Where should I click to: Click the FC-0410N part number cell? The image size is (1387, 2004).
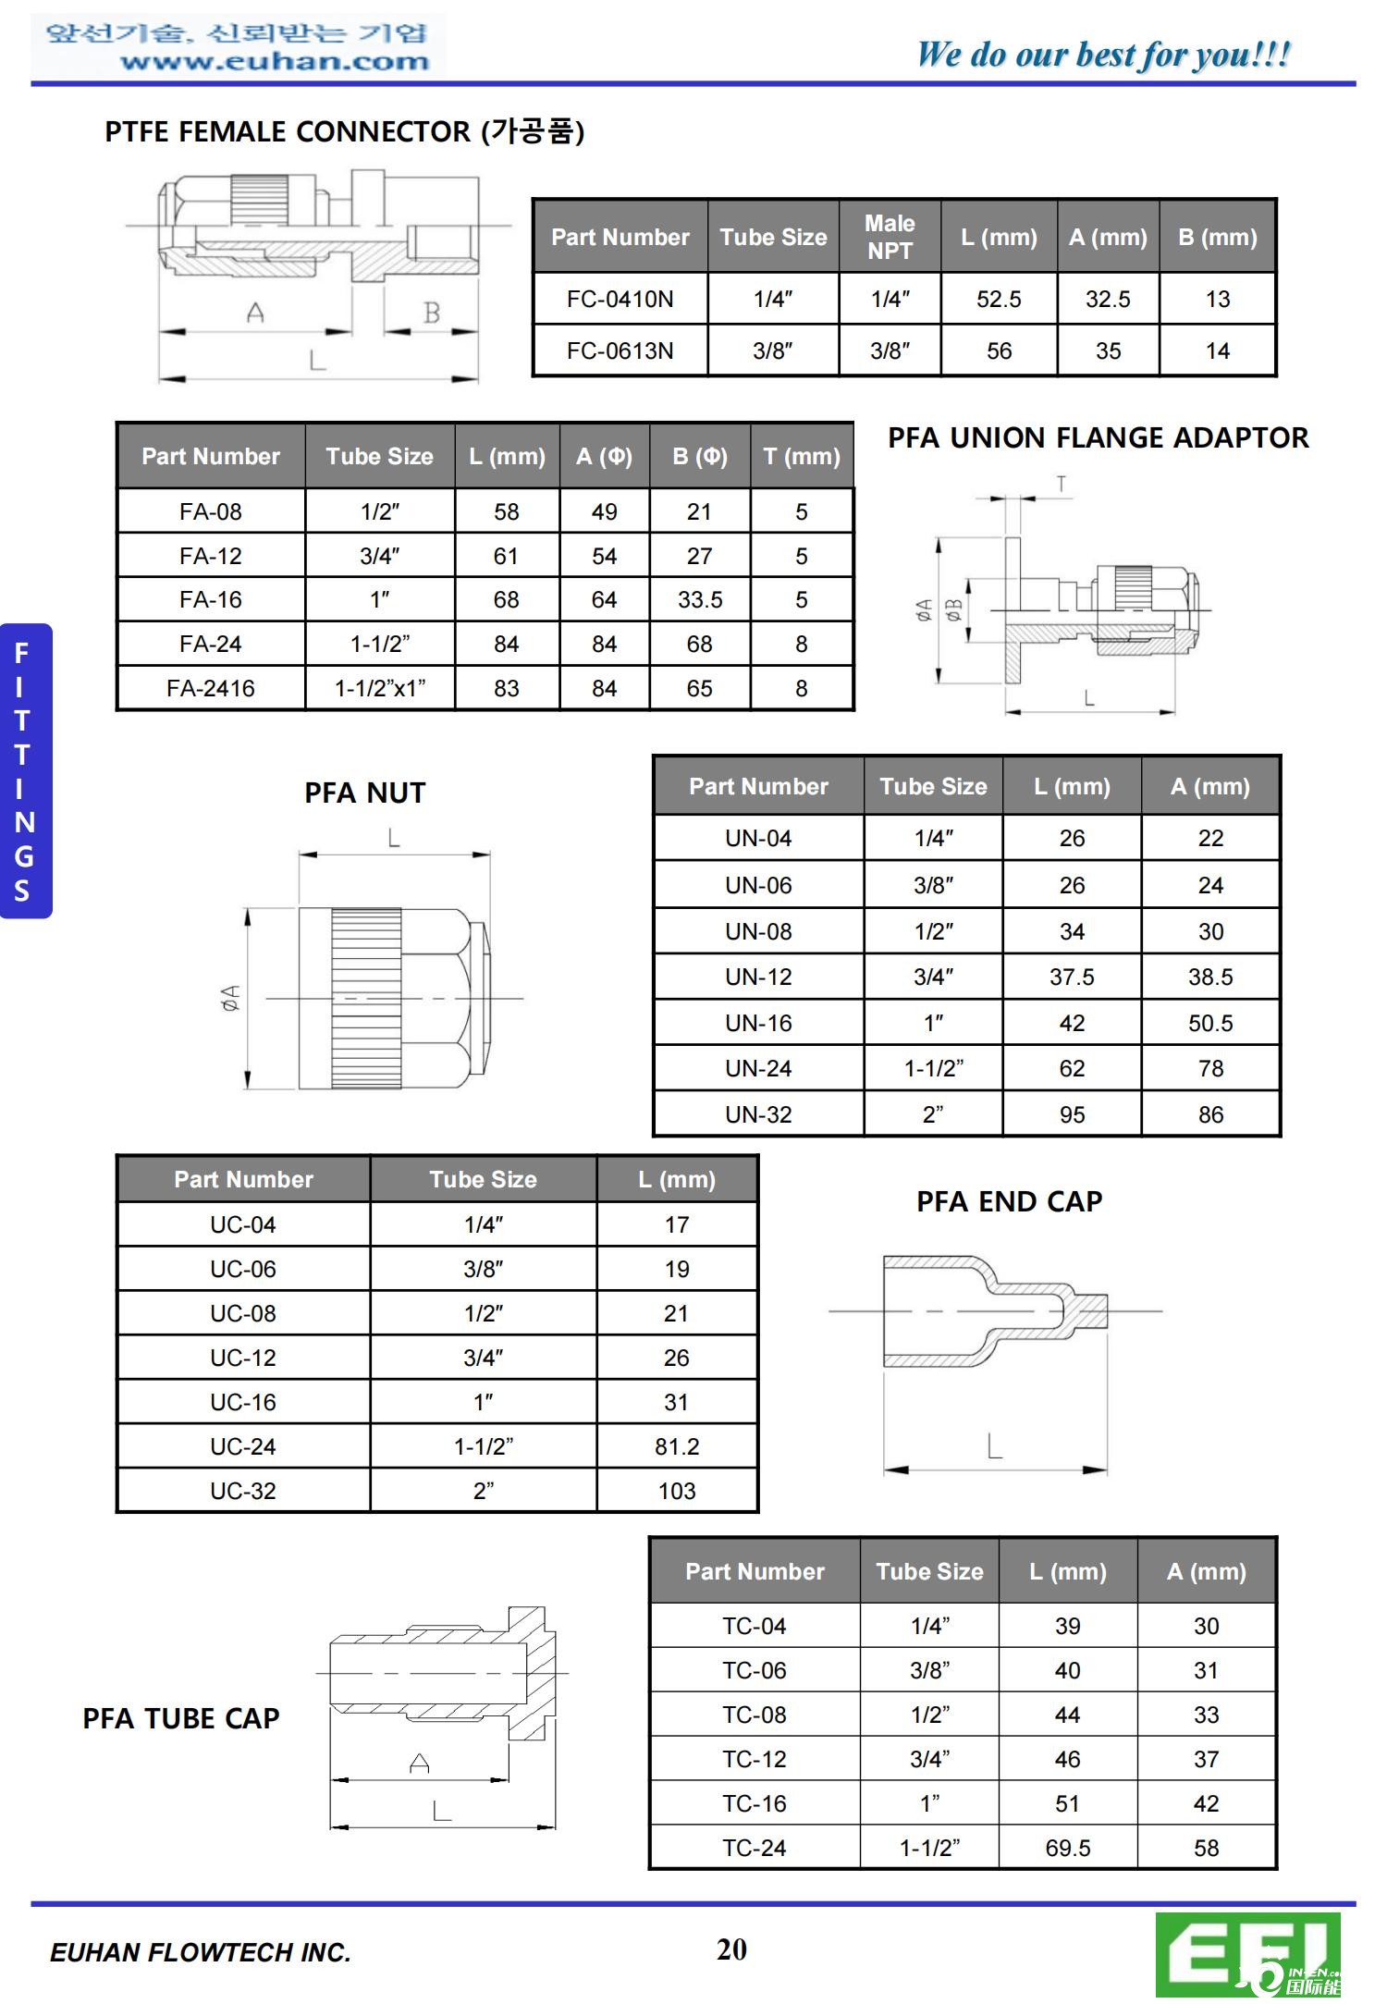(620, 299)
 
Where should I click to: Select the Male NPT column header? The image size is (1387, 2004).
(890, 237)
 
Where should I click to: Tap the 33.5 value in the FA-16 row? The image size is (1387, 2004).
(700, 599)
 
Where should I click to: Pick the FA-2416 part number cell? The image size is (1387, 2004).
(210, 688)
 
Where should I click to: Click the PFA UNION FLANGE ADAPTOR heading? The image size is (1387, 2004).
(1098, 437)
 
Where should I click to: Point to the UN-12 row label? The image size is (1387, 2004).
(758, 977)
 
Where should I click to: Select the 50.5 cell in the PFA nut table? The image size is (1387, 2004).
(1209, 1023)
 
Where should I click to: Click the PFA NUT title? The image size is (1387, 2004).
(365, 793)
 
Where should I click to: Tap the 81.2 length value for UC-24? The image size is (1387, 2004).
(677, 1446)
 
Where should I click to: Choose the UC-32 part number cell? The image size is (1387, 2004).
(242, 1491)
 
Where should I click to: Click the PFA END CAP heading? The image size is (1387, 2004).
(1009, 1201)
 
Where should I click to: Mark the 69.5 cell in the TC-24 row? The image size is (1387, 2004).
(1067, 1848)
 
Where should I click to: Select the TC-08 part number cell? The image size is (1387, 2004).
(754, 1715)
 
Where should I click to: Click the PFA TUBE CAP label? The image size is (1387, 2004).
(181, 1718)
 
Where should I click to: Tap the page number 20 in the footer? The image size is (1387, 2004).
(731, 1949)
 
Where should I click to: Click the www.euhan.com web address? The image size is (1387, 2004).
(275, 62)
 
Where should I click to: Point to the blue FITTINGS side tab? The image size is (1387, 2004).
(25, 770)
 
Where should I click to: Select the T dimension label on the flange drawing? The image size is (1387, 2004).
(1062, 484)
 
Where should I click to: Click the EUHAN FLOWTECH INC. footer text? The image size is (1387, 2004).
(201, 1952)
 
